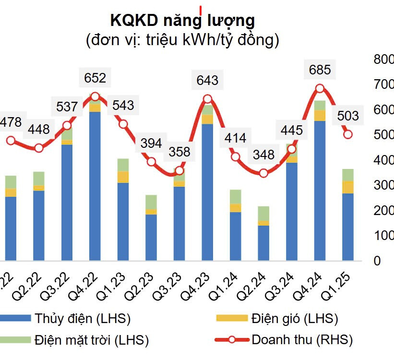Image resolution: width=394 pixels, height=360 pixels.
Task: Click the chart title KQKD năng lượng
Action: coord(182,20)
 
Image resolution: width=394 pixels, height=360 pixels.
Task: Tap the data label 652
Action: coord(95,77)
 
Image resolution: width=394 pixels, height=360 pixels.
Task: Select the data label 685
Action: coord(320,70)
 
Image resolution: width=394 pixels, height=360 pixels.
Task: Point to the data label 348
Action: coord(263,155)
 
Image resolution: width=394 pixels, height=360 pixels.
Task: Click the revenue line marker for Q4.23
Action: coord(207,99)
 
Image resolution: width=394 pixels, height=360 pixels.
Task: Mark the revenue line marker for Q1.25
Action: coord(348,134)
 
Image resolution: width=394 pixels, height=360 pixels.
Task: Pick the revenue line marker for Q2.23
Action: coord(151,162)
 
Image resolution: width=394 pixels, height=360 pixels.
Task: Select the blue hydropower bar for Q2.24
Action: coord(263,243)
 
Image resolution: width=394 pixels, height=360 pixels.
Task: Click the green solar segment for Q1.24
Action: coord(235,197)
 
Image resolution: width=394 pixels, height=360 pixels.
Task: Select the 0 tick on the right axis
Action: coord(377,261)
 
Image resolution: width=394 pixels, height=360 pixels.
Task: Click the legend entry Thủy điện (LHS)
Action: coord(82,318)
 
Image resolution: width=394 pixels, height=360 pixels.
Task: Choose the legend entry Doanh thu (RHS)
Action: coord(302,340)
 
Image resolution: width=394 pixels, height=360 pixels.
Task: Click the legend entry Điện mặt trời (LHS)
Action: coord(91,340)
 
